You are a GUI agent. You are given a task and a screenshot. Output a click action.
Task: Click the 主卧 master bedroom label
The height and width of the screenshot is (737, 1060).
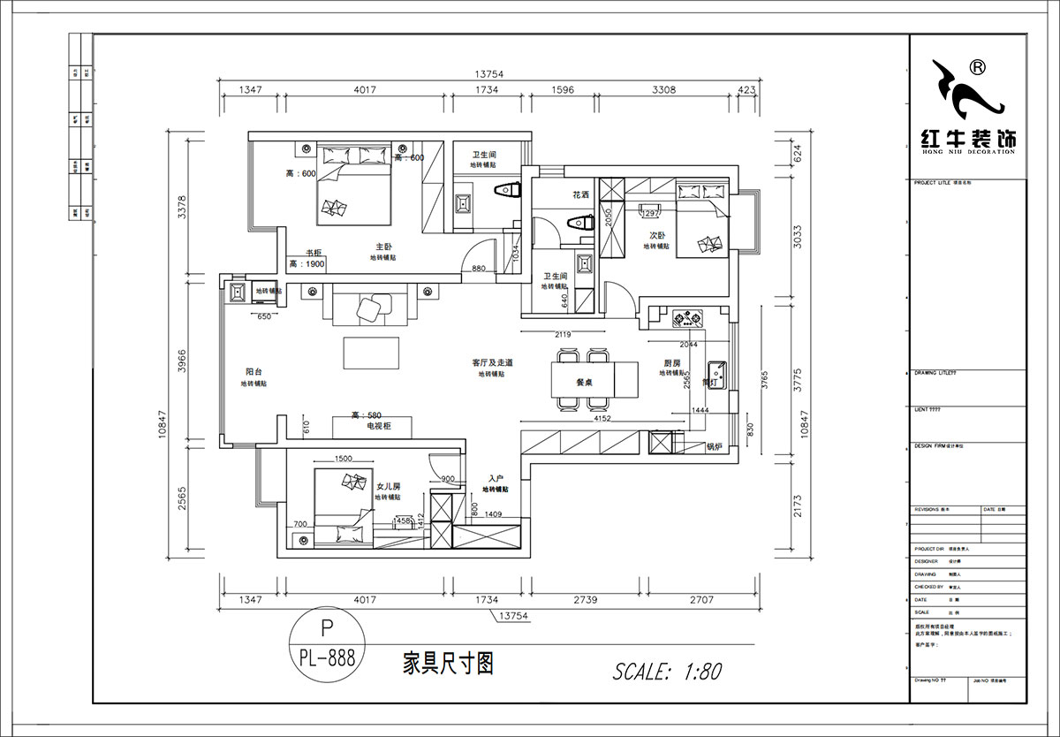(382, 247)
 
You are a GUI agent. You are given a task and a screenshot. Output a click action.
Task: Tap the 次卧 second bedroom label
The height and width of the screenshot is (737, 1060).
(656, 236)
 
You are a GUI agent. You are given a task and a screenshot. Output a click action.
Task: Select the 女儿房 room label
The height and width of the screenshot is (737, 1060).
(388, 486)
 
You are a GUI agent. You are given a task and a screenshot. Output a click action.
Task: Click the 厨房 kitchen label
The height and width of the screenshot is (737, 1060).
(672, 362)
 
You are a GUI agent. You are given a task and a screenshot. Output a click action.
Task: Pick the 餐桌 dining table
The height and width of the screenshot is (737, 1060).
(583, 382)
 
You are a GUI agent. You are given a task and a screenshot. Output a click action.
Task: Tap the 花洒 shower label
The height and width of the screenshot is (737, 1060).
(580, 194)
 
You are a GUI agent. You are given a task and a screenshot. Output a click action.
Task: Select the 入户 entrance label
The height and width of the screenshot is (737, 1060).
(495, 477)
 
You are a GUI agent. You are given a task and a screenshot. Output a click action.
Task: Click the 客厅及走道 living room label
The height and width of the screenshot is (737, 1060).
(492, 362)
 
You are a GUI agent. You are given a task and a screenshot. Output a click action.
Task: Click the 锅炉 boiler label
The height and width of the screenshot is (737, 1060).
(714, 446)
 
